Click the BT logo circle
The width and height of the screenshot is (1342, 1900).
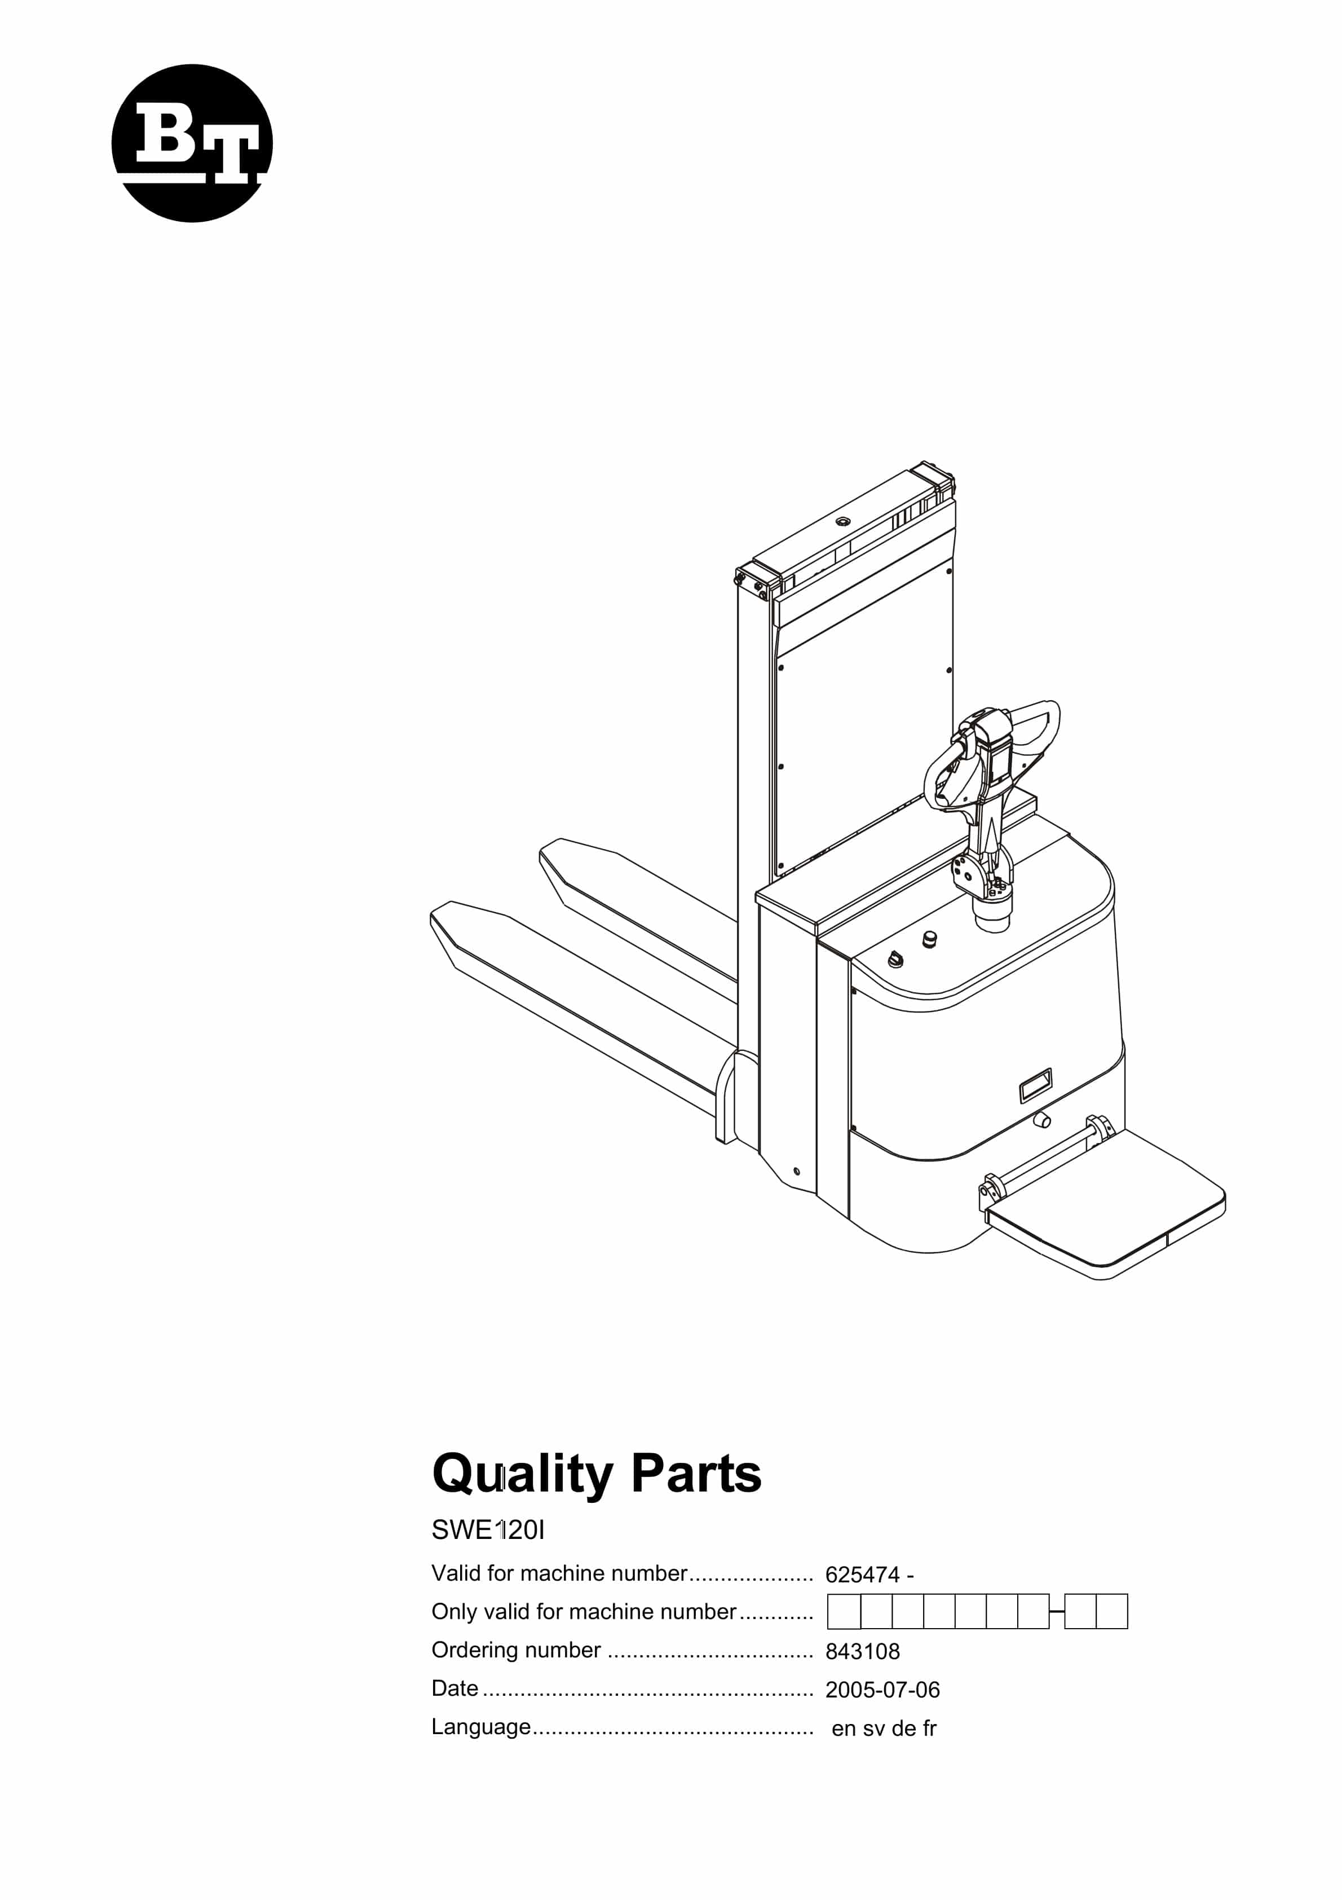(192, 143)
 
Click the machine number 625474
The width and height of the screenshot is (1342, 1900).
(862, 1575)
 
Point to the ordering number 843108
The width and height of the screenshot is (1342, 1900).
(862, 1652)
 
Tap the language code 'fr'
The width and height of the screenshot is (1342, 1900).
(930, 1729)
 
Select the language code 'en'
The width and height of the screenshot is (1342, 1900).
(843, 1730)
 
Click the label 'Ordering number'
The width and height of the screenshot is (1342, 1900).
(515, 1651)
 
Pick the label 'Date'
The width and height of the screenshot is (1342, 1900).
(455, 1689)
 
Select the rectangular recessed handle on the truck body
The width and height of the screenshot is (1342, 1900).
(1035, 1084)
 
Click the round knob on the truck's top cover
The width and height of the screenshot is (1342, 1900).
(929, 939)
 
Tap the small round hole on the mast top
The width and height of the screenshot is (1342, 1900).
(843, 521)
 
